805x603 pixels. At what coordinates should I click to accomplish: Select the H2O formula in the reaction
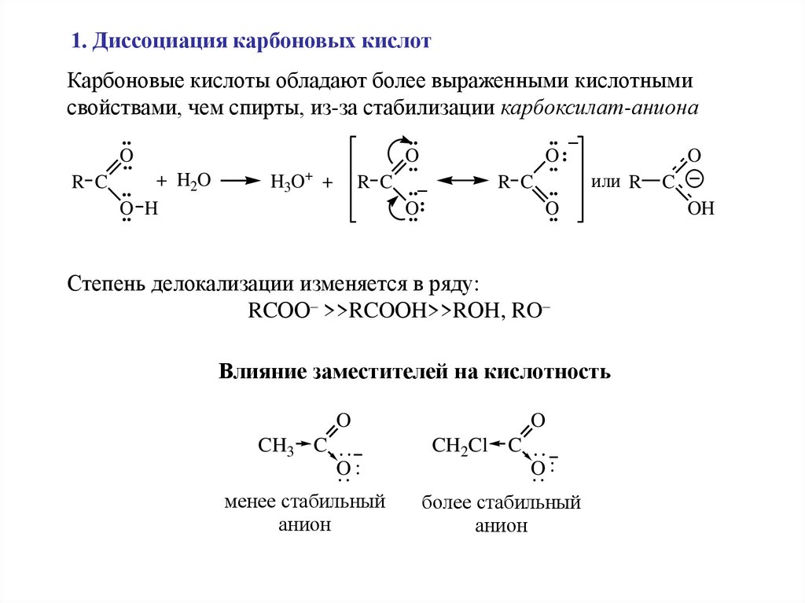pyautogui.click(x=193, y=181)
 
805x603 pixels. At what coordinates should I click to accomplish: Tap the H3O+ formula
pyautogui.click(x=292, y=182)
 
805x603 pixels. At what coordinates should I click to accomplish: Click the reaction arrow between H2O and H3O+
pyautogui.click(x=240, y=181)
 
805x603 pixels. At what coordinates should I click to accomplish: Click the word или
pyautogui.click(x=606, y=182)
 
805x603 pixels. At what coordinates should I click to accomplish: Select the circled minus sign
pyautogui.click(x=693, y=179)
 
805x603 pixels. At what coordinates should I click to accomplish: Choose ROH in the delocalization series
pyautogui.click(x=466, y=309)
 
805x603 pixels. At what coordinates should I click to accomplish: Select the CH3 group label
pyautogui.click(x=275, y=447)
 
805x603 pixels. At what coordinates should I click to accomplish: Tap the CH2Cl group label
pyautogui.click(x=461, y=447)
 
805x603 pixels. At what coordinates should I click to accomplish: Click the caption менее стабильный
pyautogui.click(x=304, y=502)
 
